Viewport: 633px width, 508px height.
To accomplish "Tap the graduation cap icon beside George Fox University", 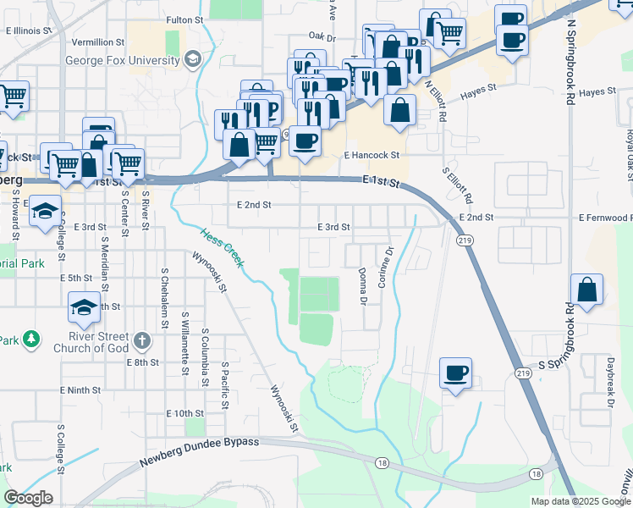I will [x=193, y=58].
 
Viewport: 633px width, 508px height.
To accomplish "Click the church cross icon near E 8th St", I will [x=142, y=342].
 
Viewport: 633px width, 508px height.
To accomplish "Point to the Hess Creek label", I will [x=222, y=247].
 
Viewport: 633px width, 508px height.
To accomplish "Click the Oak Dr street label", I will [x=322, y=37].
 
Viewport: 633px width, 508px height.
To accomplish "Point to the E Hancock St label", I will [x=371, y=156].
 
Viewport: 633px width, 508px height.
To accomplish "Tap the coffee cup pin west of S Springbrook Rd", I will [x=455, y=373].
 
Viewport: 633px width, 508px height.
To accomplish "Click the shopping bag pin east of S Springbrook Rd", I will [x=586, y=290].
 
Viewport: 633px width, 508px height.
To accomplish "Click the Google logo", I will [x=29, y=498].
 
